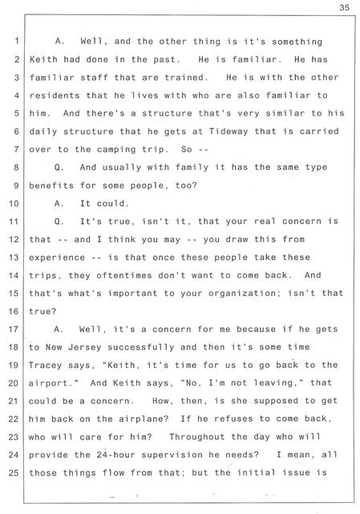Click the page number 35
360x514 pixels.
[x=344, y=7]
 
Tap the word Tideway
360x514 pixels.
[x=229, y=132]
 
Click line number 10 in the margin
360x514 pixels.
[x=14, y=204]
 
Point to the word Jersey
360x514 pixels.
[x=85, y=347]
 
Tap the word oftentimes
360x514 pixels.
[x=124, y=275]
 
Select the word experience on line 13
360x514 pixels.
[x=57, y=257]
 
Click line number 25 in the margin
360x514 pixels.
[x=14, y=473]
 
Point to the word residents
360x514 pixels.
[x=55, y=95]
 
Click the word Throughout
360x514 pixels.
[x=196, y=437]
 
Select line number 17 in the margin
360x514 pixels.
[x=14, y=329]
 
